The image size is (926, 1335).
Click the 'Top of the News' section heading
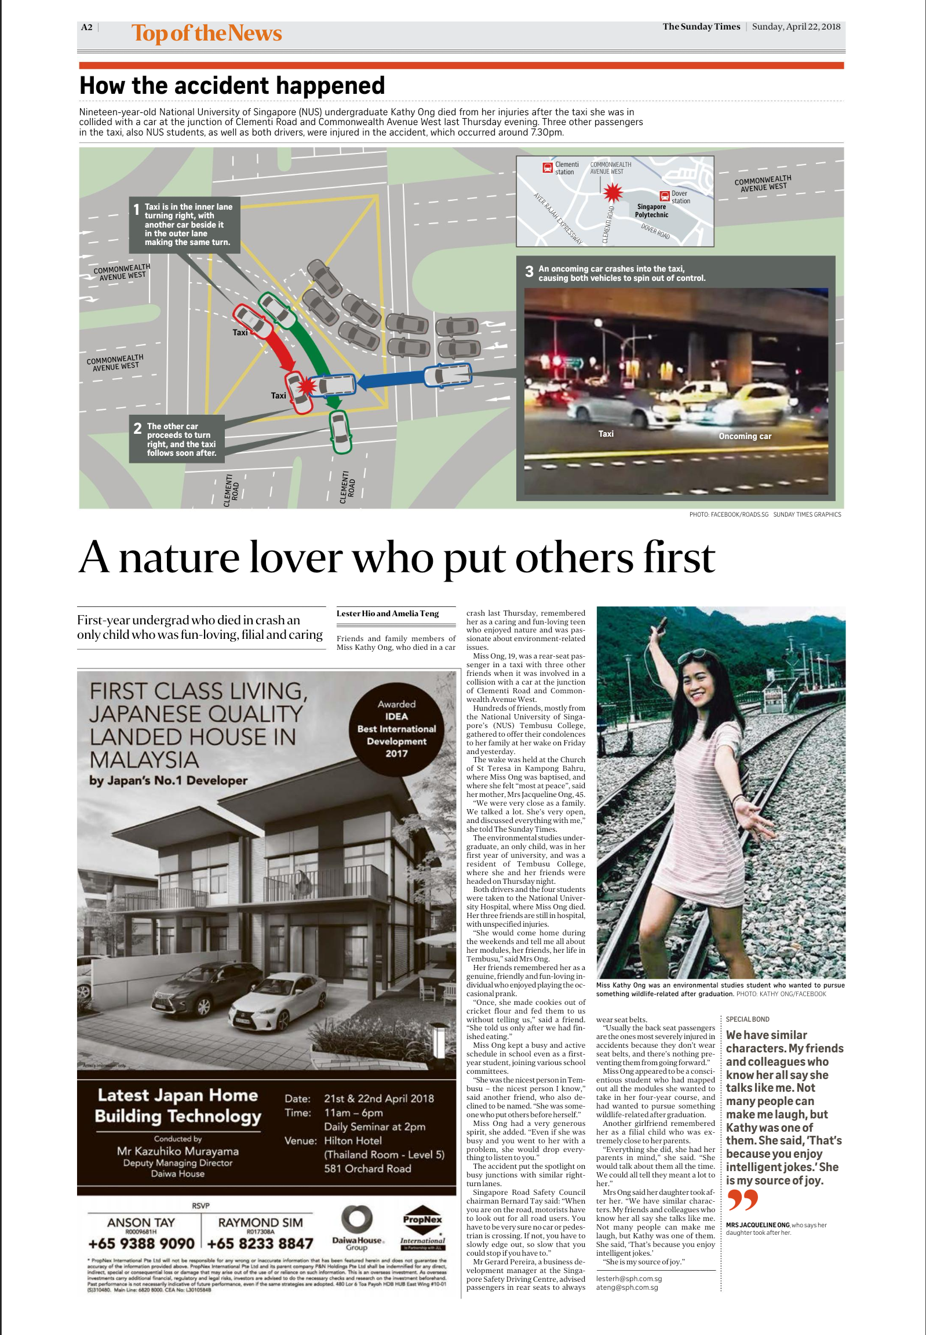tap(206, 34)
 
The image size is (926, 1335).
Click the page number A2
tap(86, 27)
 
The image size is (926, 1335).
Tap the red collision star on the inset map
tap(612, 192)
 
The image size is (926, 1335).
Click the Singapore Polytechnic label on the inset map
tap(651, 210)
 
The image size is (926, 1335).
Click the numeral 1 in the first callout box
tap(136, 210)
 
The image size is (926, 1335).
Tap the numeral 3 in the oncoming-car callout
tap(528, 272)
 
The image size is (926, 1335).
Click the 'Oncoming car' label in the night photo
tap(745, 436)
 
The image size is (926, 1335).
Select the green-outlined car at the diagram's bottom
tap(340, 431)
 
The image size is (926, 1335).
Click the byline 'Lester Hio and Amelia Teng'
tap(387, 613)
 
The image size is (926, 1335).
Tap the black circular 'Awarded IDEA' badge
tap(396, 729)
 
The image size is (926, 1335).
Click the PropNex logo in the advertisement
tap(422, 1228)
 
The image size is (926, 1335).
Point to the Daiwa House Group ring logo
tap(356, 1220)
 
